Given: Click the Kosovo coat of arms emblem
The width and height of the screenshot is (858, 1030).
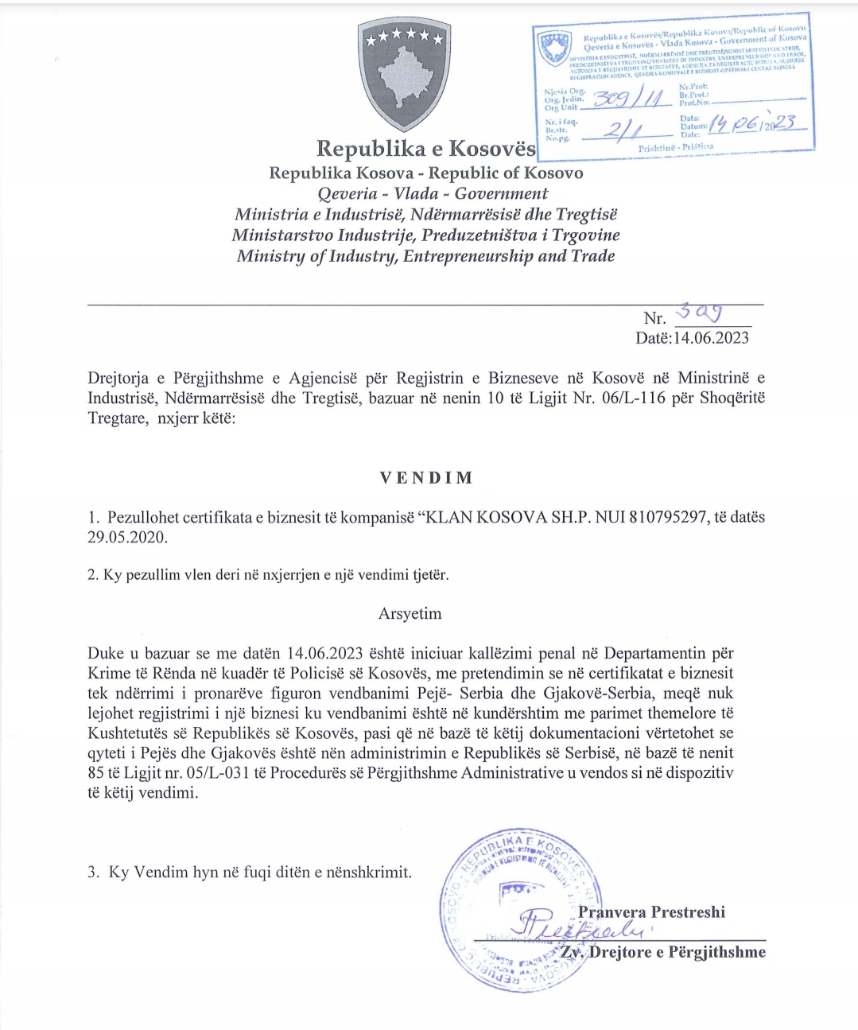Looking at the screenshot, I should click(403, 76).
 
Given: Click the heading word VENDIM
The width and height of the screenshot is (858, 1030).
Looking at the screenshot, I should click(425, 478).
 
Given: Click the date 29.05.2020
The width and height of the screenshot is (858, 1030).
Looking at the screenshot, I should click(127, 537).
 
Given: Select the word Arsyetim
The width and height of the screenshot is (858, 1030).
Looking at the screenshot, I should click(410, 613).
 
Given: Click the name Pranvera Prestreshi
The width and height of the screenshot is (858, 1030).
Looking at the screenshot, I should click(651, 912).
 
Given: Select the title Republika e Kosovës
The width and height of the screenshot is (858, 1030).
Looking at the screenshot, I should click(426, 149).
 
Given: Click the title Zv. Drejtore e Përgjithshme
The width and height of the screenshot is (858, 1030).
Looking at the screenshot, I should click(662, 952).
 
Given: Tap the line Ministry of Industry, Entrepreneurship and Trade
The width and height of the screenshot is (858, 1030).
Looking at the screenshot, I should click(425, 256).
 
